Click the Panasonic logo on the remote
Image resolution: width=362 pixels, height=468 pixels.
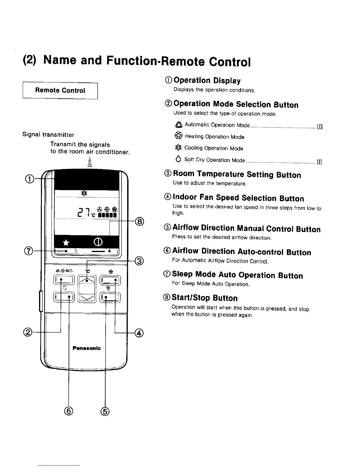pyautogui.click(x=87, y=348)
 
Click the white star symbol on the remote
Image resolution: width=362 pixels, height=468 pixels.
pyautogui.click(x=66, y=243)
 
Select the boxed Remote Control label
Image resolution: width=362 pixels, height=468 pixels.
pyautogui.click(x=60, y=90)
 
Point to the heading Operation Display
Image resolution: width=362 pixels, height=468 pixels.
pyautogui.click(x=207, y=80)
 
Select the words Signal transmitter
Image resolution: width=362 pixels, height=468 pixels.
pyautogui.click(x=48, y=135)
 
